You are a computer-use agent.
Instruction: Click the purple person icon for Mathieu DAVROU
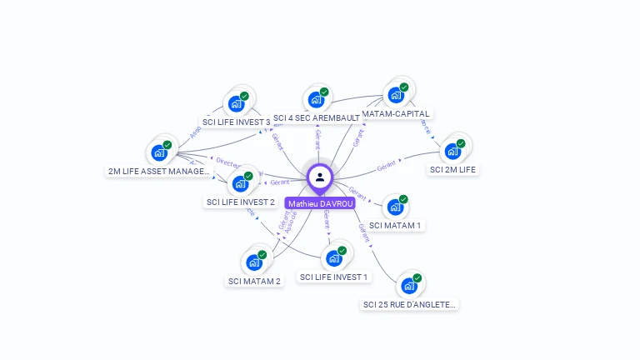320,177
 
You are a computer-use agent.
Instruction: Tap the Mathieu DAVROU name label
321,203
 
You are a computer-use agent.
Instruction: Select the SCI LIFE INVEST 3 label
237,122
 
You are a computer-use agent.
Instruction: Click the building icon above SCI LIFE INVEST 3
236,104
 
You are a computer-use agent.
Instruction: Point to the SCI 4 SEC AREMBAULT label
317,118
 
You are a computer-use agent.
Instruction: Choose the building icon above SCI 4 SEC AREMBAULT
316,100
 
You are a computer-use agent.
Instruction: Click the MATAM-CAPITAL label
396,113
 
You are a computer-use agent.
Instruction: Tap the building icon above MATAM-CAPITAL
395,95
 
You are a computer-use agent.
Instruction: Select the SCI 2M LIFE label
453,169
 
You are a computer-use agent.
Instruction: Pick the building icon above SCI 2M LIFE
452,152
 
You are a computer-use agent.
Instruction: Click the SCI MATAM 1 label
396,225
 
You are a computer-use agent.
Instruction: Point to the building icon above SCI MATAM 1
395,207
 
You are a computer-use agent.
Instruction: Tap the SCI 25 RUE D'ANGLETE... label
410,304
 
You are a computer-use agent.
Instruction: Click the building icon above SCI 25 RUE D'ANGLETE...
408,286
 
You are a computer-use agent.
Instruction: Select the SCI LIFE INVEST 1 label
333,277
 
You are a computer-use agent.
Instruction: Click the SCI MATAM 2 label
255,281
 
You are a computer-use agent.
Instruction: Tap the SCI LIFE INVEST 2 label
240,202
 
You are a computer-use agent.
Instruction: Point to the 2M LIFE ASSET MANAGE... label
159,171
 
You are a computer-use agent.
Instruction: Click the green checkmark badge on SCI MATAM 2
262,255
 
